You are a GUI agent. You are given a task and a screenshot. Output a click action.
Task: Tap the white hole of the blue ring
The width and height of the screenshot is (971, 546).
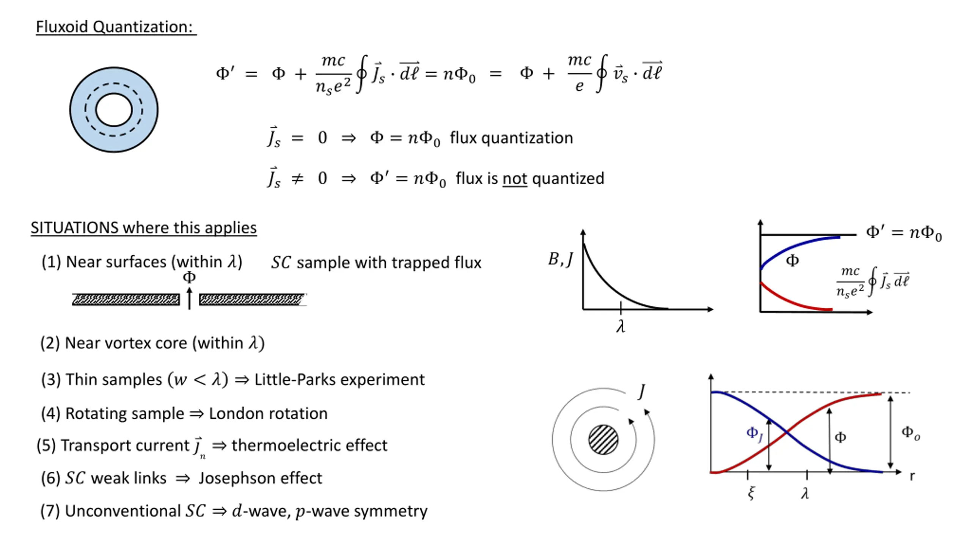point(114,110)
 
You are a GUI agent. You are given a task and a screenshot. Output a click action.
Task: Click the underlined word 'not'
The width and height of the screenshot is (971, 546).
point(515,179)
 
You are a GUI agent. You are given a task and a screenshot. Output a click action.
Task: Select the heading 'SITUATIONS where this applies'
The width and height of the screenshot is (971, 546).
point(144,228)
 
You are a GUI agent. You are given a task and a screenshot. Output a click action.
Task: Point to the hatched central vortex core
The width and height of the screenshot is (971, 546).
point(603,440)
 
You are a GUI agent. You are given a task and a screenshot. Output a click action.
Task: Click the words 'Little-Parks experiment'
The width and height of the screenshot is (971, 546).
point(339,380)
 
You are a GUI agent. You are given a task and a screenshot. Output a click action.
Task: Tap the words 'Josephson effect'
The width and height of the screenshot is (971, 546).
point(260,478)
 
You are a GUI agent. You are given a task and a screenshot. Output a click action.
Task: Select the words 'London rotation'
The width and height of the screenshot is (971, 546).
point(268,414)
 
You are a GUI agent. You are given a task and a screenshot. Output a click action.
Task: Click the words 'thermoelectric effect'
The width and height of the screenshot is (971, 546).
point(310,446)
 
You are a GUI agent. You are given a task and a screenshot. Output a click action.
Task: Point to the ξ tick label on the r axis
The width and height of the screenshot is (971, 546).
point(751,493)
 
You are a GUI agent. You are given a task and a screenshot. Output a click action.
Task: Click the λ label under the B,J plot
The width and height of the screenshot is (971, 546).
point(621,326)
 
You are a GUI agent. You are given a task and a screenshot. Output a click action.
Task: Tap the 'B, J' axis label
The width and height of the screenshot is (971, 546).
point(560,260)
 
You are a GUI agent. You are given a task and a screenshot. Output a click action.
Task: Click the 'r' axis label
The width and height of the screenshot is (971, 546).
point(912,476)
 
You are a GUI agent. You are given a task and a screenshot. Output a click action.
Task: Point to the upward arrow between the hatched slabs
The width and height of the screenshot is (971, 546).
point(190,298)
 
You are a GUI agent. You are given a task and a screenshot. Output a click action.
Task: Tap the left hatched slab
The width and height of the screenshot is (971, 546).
point(126,300)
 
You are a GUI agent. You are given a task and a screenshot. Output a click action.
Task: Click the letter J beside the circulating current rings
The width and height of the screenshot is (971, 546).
point(641,391)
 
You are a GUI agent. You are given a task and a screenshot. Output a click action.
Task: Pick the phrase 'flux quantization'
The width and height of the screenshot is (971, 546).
point(511,138)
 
